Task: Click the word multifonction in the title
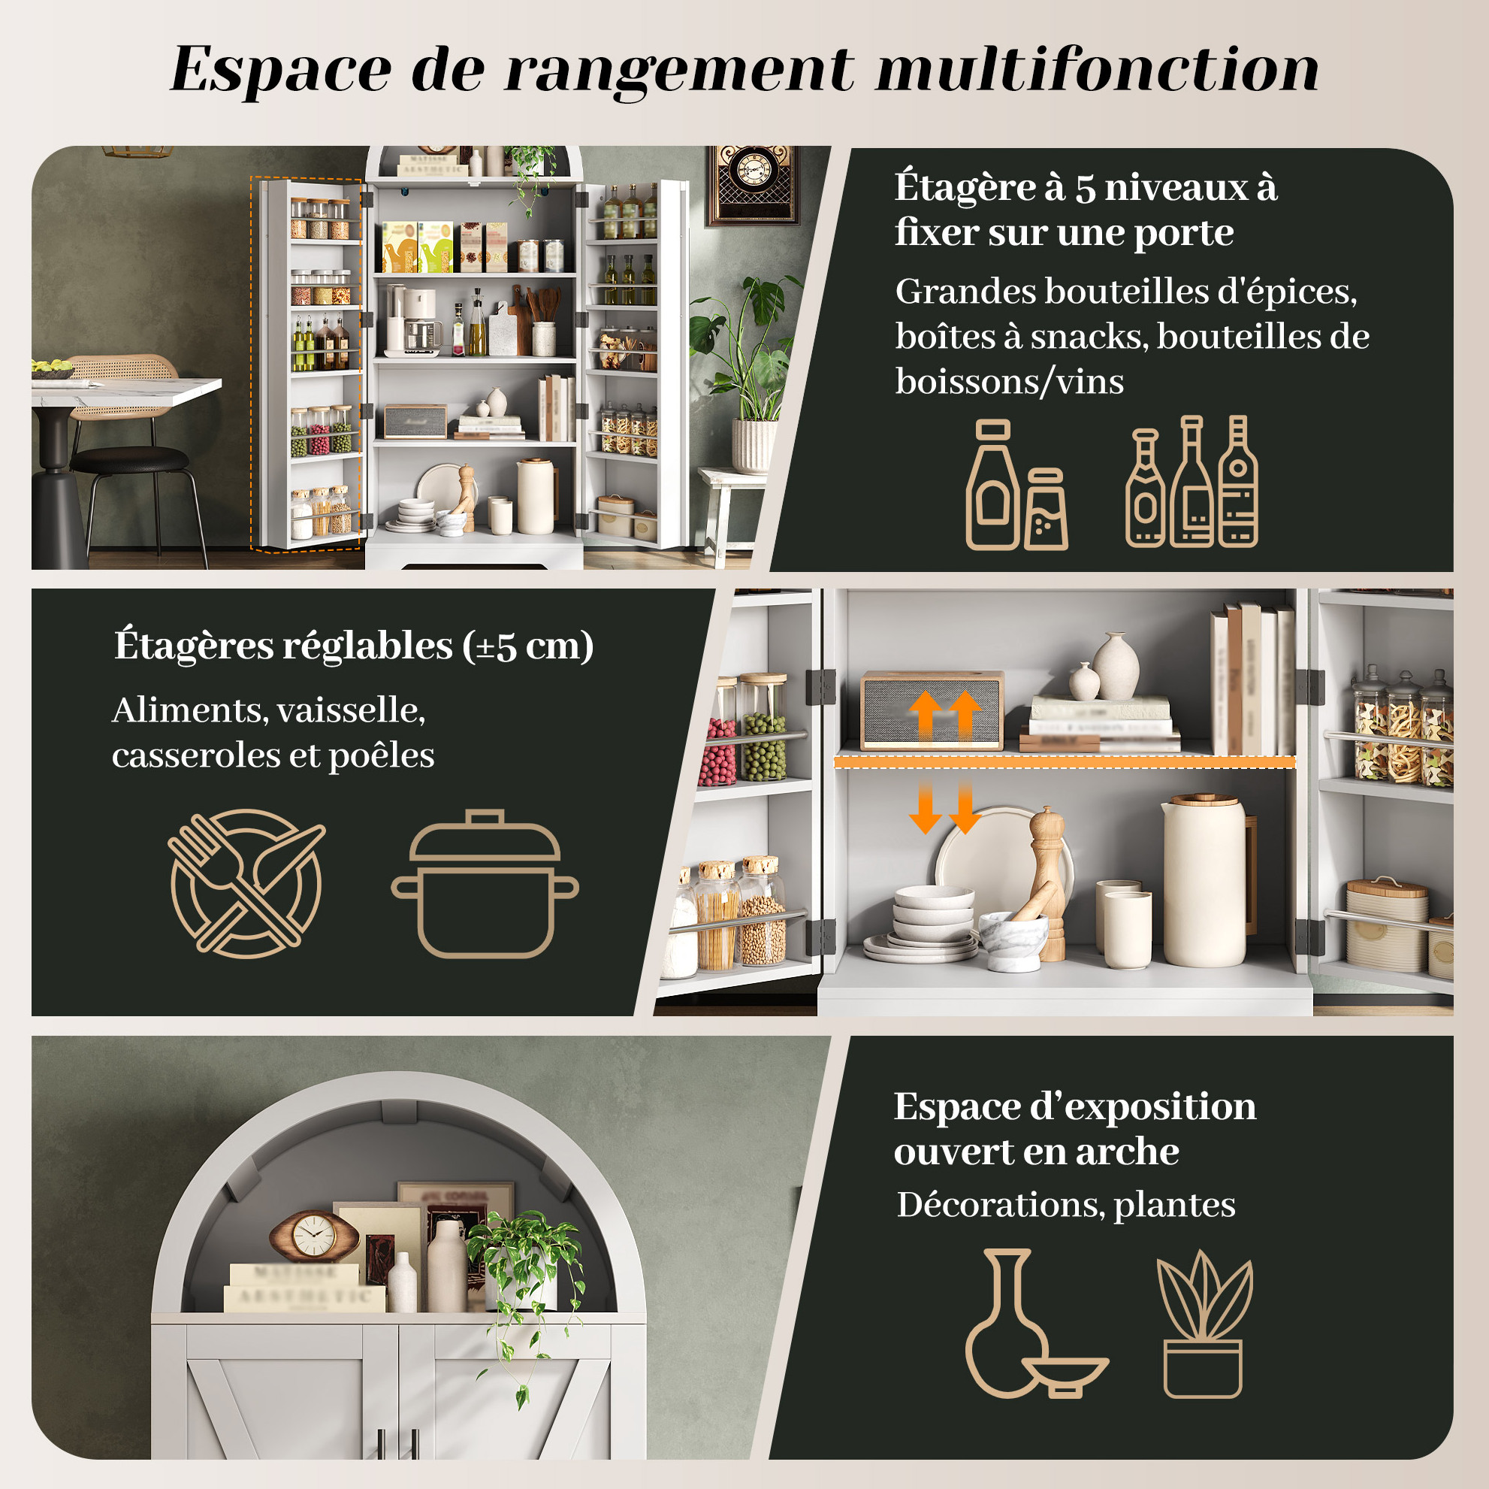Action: (x=1097, y=69)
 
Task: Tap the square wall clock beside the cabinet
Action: (x=753, y=183)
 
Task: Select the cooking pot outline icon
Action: (x=485, y=884)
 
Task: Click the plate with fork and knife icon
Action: (x=246, y=884)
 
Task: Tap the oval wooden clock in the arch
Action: (x=314, y=1236)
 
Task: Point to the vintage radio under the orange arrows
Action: (x=932, y=710)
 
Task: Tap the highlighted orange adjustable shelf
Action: (x=1065, y=762)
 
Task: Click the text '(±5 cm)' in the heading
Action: (x=528, y=646)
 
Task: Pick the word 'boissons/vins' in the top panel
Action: (x=1010, y=382)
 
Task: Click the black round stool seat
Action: (x=128, y=460)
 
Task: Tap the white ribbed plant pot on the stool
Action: (x=753, y=445)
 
